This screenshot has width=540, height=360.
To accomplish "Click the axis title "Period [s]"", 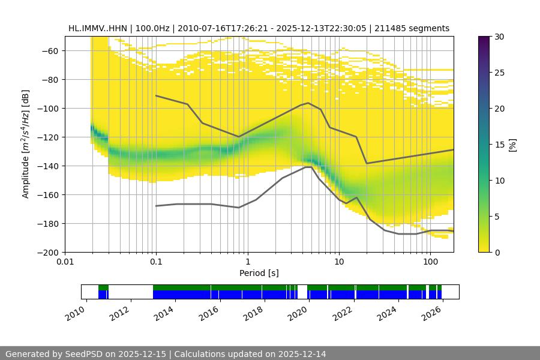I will click(x=259, y=273).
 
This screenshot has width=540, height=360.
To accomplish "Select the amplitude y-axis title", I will click(x=26, y=145).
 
